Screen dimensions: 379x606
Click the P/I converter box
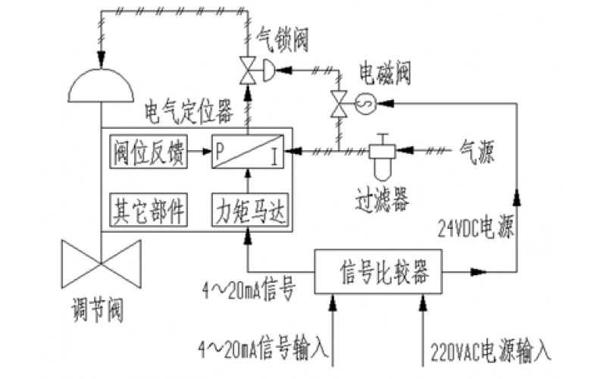tap(248, 152)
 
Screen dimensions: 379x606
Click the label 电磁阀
tap(383, 75)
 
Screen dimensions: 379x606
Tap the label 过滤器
tap(381, 199)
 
